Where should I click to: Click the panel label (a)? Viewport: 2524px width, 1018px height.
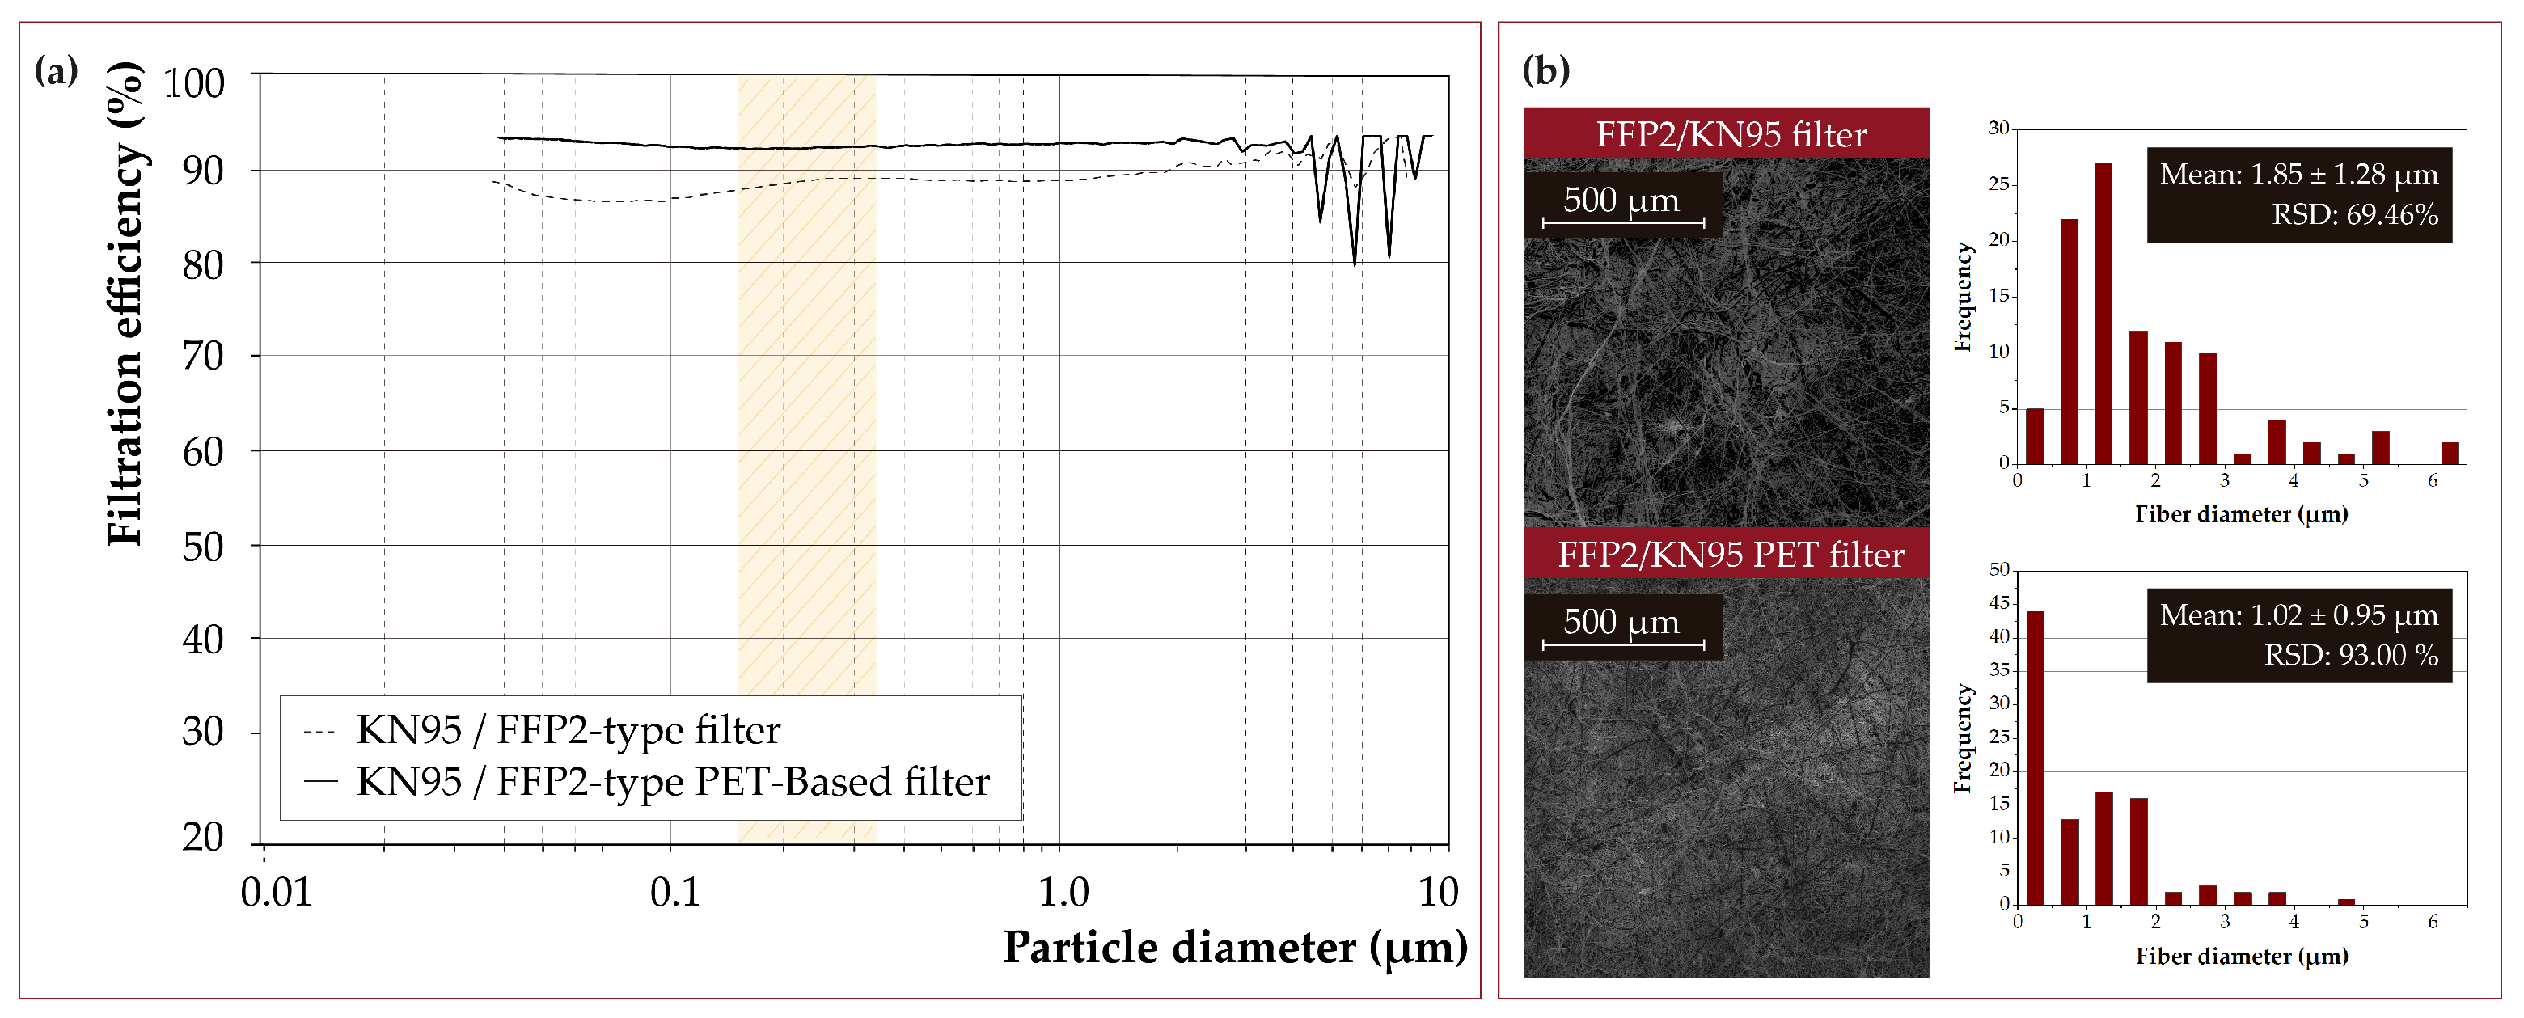click(x=56, y=70)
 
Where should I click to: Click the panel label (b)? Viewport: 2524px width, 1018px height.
click(x=1545, y=70)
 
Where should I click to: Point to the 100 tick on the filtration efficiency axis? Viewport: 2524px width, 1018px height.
click(x=194, y=83)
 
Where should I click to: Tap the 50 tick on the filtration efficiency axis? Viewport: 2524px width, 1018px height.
click(x=203, y=547)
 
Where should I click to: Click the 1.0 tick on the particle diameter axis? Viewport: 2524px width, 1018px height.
click(x=1063, y=893)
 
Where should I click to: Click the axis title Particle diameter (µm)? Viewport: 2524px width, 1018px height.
click(x=1235, y=948)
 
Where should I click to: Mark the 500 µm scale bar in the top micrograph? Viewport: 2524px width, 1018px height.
click(x=1621, y=222)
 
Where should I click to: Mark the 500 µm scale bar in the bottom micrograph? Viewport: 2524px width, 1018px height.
click(x=1621, y=644)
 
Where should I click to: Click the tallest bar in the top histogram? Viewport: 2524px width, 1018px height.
click(x=2103, y=314)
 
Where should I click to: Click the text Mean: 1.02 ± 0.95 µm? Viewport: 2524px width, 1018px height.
click(x=2298, y=615)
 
